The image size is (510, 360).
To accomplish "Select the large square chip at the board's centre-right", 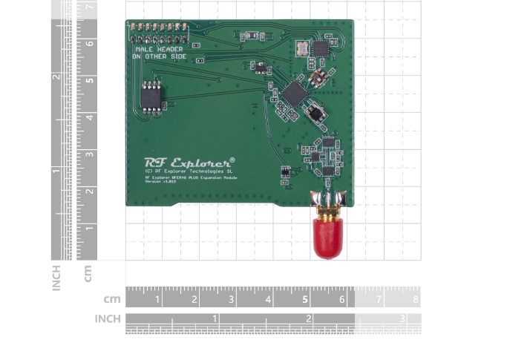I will [293, 93].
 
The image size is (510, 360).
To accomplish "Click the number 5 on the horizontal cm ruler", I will [305, 300].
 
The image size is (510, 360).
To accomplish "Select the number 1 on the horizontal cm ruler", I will [157, 300].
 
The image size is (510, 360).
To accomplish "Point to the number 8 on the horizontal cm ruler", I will [416, 300].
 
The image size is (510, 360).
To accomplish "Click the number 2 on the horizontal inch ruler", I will [308, 318].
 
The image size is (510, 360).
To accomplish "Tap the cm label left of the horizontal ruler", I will [112, 299].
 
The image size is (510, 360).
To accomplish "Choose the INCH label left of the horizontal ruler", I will [108, 318].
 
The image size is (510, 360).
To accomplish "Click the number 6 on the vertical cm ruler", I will [89, 43].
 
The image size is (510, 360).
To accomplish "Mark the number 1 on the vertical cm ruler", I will [89, 229].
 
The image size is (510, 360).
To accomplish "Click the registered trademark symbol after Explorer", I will [232, 158].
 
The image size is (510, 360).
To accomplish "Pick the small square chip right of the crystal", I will [320, 48].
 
